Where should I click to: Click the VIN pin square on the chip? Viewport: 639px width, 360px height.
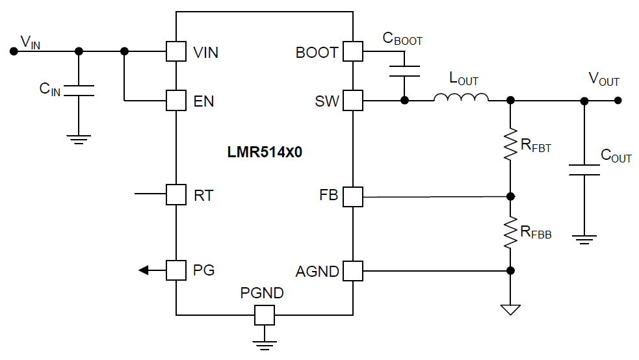point(176,51)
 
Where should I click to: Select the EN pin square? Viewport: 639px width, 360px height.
point(176,101)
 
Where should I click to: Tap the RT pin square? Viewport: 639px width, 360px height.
point(176,194)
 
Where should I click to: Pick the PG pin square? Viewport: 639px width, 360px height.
point(176,270)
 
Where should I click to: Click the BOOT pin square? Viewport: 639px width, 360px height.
point(352,51)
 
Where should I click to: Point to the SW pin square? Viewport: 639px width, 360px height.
point(352,101)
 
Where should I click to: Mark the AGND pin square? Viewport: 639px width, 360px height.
point(352,270)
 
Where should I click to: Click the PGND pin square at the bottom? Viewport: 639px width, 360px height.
point(264,316)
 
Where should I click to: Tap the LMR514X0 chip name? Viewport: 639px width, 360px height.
point(265,153)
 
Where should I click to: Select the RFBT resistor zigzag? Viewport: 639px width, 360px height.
point(511,147)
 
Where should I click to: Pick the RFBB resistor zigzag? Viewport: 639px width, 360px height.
point(511,232)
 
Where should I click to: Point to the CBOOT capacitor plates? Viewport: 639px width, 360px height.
point(404,71)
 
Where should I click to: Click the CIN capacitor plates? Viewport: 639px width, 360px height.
point(79,91)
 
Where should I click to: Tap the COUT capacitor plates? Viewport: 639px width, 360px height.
point(584,170)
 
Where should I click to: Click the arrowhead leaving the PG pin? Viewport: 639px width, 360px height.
point(144,270)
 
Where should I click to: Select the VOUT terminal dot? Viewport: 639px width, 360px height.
point(618,101)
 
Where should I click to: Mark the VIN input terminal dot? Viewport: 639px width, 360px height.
point(12,51)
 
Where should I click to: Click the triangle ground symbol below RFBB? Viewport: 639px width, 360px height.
point(511,309)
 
